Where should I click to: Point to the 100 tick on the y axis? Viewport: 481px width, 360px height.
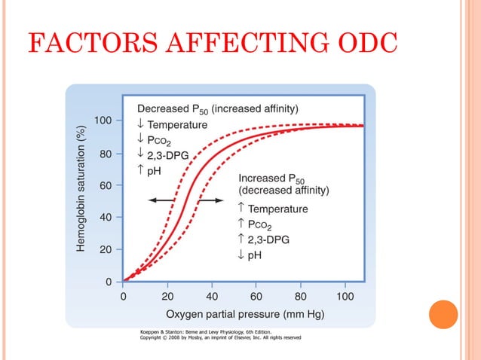click(x=103, y=121)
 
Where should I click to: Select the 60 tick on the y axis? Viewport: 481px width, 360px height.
click(x=106, y=185)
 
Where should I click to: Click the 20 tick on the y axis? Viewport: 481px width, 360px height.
click(x=106, y=249)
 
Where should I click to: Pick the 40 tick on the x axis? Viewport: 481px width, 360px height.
click(x=212, y=296)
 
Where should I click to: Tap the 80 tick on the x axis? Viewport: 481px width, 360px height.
click(x=301, y=296)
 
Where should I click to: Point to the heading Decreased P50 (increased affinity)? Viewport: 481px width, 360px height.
click(x=218, y=108)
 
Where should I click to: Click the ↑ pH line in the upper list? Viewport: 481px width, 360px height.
click(x=149, y=169)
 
